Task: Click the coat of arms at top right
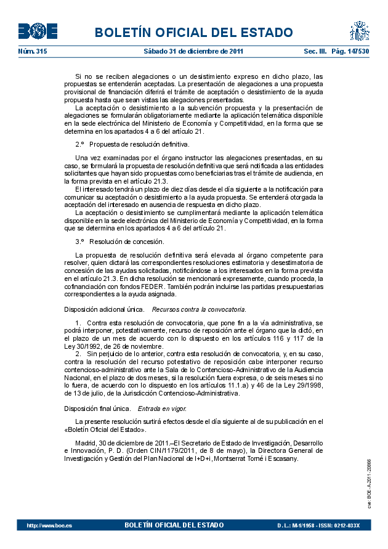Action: click(x=359, y=31)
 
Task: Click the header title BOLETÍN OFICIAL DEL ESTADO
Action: click(x=194, y=33)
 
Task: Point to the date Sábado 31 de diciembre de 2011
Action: click(x=194, y=51)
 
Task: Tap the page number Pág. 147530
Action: click(x=350, y=51)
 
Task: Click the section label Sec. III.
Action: click(x=315, y=51)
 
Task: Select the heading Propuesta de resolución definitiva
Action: click(x=139, y=144)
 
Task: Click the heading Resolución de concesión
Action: click(x=126, y=242)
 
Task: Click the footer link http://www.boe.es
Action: click(x=49, y=525)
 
